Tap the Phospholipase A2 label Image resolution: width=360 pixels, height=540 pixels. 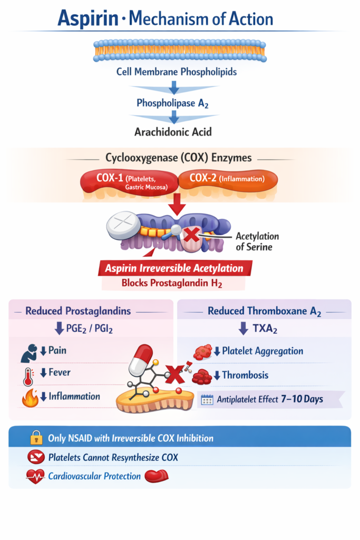point(172,103)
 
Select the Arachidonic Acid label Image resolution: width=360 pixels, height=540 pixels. point(172,131)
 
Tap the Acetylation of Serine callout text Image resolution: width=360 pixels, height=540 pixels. point(257,241)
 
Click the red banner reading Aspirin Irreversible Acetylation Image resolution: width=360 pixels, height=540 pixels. point(174,268)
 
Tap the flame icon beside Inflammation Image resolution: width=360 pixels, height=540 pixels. point(30,398)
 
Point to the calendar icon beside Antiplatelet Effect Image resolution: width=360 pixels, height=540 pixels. point(207,399)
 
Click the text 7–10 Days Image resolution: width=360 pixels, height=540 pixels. point(302,399)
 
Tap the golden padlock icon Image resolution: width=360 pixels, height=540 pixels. point(36,438)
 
